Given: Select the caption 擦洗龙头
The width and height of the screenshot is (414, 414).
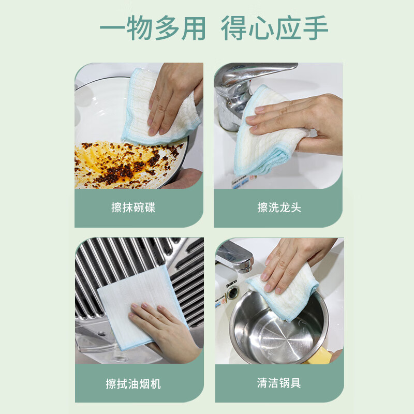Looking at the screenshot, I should tap(279, 208).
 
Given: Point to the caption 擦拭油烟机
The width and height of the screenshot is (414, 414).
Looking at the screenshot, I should tap(134, 383).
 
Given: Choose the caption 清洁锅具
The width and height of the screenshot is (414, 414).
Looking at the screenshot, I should tap(279, 383).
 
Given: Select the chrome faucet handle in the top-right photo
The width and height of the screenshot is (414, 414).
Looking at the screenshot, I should tap(259, 72).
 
